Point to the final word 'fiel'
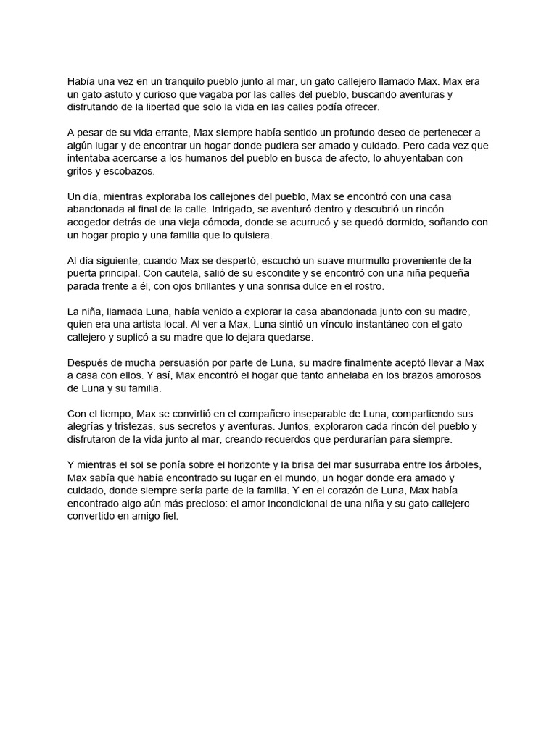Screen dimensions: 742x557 pyautogui.click(x=168, y=516)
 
